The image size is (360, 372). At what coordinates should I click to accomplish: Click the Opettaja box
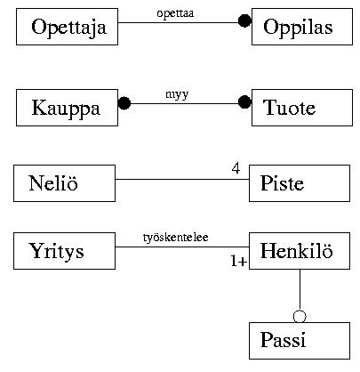click(x=67, y=27)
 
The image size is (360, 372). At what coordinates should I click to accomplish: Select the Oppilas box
click(x=302, y=27)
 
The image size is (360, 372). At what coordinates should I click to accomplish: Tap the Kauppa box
click(x=67, y=108)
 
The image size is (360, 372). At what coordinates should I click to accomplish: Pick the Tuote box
click(x=302, y=108)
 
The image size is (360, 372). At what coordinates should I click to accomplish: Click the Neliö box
click(x=64, y=183)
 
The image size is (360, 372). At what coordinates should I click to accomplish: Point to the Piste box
click(x=300, y=183)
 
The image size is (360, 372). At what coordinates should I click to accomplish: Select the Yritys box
click(x=64, y=251)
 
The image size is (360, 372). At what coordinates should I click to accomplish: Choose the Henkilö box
click(x=300, y=251)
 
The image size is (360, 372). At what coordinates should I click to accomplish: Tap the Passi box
click(x=300, y=341)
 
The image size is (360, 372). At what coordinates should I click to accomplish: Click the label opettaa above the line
click(x=175, y=13)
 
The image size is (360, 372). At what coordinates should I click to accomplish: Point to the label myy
click(x=177, y=95)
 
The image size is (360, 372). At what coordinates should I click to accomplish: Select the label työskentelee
click(x=176, y=238)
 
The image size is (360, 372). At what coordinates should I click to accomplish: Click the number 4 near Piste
click(x=236, y=168)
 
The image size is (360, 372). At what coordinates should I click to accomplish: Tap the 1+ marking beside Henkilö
click(x=239, y=262)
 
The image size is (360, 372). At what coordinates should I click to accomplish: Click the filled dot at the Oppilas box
click(x=244, y=20)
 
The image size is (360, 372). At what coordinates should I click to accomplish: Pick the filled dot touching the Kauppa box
click(x=124, y=103)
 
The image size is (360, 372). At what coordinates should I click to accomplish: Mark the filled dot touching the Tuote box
click(x=244, y=102)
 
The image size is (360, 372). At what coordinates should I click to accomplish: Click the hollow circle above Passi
click(x=300, y=316)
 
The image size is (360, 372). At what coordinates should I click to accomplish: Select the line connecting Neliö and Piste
click(x=182, y=179)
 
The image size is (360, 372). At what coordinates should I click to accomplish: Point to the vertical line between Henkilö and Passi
click(x=300, y=289)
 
